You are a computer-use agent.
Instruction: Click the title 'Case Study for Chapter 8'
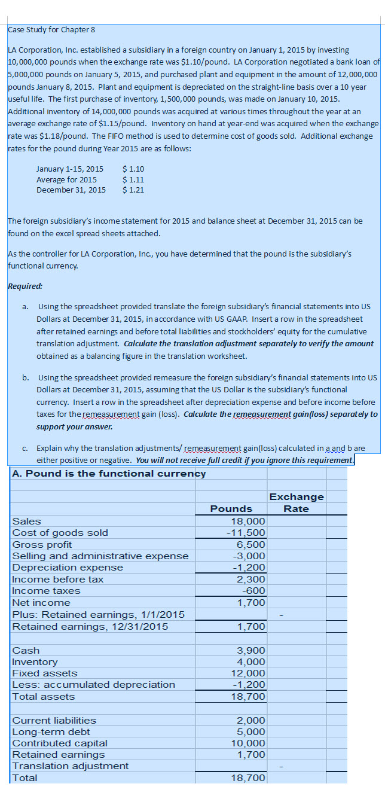pyautogui.click(x=51, y=29)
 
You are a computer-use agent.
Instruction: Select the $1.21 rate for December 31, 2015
pyautogui.click(x=133, y=190)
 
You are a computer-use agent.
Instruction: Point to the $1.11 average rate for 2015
pyautogui.click(x=133, y=179)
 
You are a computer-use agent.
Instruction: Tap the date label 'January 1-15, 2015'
pyautogui.click(x=69, y=169)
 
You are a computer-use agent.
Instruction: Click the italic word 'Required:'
pyautogui.click(x=24, y=286)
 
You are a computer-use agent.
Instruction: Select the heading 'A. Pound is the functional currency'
pyautogui.click(x=109, y=474)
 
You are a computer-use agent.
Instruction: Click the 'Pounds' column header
pyautogui.click(x=231, y=508)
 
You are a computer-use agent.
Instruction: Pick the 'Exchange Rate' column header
pyautogui.click(x=297, y=502)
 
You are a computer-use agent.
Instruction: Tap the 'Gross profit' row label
pyautogui.click(x=42, y=544)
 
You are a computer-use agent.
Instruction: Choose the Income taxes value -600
pyautogui.click(x=253, y=590)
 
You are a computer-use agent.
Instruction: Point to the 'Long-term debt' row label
pyautogui.click(x=51, y=731)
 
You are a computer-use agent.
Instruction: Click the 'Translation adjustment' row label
pyautogui.click(x=71, y=766)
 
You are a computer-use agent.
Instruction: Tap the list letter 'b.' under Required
pyautogui.click(x=26, y=377)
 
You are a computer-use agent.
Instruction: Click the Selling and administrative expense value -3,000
pyautogui.click(x=250, y=556)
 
